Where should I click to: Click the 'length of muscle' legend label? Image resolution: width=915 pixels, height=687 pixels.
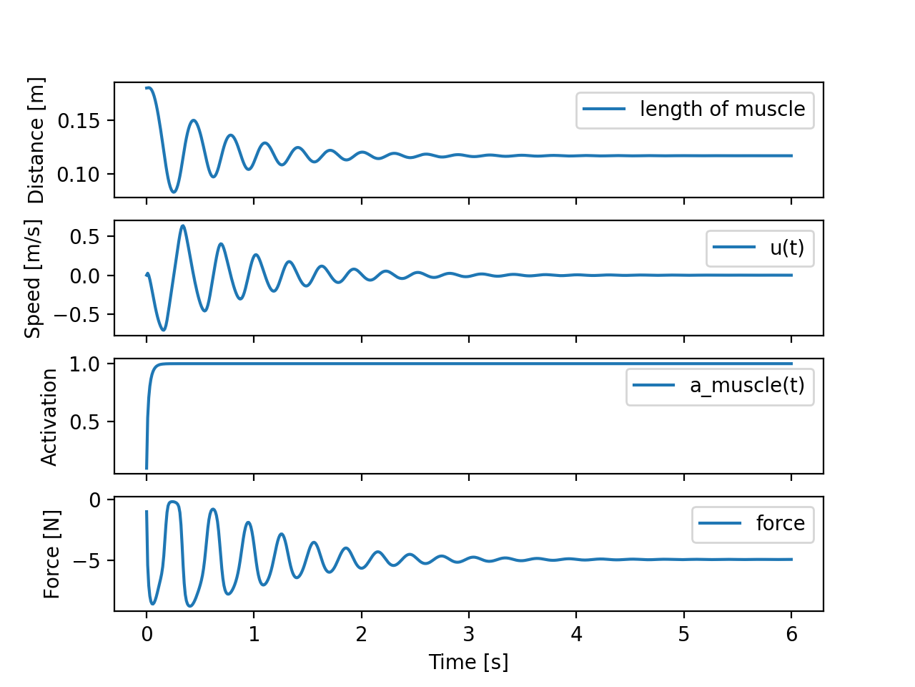point(722,109)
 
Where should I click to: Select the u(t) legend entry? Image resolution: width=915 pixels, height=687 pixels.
point(786,248)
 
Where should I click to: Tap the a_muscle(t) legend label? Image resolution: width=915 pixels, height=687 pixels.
point(747,385)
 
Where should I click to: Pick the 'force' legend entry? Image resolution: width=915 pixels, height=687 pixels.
point(780,523)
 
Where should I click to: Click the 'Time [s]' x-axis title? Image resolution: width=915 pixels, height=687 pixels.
point(468,662)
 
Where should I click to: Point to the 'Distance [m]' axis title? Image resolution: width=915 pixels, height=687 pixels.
point(36,140)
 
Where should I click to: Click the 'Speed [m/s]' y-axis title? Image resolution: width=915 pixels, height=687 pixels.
point(34,278)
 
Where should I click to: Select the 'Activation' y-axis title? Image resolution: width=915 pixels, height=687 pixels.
point(49,416)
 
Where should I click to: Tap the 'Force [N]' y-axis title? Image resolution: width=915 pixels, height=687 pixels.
point(51,554)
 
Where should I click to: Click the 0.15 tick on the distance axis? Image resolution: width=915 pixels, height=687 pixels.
point(79,120)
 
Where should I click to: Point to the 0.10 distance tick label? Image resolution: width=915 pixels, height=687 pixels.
point(79,174)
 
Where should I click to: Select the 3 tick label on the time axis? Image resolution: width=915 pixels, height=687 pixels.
point(469,635)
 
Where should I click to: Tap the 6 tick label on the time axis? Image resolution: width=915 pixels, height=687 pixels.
point(791,635)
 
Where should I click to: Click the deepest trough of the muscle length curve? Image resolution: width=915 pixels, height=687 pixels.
point(173,192)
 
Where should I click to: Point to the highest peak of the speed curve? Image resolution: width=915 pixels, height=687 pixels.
point(183,226)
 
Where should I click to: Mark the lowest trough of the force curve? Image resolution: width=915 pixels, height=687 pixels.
point(190,606)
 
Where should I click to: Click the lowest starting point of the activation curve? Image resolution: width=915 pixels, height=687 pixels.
point(147,468)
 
